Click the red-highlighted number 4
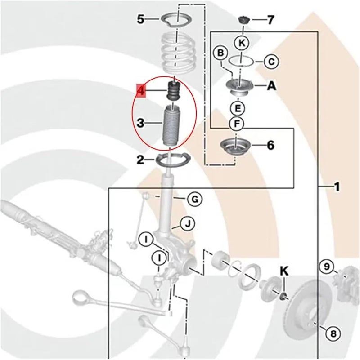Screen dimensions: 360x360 click(x=141, y=91)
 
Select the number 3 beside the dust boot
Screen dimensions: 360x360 click(x=141, y=122)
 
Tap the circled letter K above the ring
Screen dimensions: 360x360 click(x=242, y=43)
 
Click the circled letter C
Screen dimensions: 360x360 click(x=271, y=61)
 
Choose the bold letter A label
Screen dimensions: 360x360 click(x=271, y=86)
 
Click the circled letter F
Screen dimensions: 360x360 click(x=237, y=123)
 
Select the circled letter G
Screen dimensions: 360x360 click(x=195, y=199)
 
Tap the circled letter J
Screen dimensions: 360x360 click(x=187, y=222)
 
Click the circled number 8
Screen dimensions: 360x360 click(x=333, y=333)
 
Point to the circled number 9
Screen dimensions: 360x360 click(x=327, y=267)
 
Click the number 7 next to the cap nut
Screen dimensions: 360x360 click(x=270, y=20)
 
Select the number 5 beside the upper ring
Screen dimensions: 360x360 click(x=140, y=19)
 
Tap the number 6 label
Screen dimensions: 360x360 click(x=270, y=145)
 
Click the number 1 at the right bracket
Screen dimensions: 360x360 click(x=337, y=186)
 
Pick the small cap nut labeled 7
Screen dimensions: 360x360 click(x=244, y=21)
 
